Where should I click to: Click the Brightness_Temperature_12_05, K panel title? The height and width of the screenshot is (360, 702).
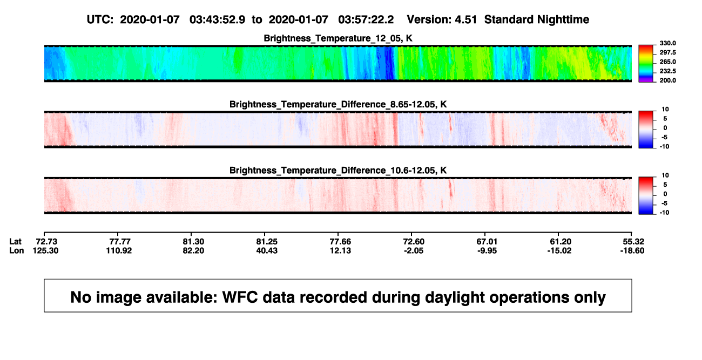[x=338, y=38]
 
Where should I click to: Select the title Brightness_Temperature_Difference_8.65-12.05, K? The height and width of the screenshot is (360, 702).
[x=338, y=104]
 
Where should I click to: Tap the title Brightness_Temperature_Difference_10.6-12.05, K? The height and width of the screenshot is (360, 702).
[x=338, y=171]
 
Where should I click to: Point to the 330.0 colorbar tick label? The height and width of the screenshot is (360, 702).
[x=667, y=43]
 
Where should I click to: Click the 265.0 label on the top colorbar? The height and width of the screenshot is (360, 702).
[x=667, y=62]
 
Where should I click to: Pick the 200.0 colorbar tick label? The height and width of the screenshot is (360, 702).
[x=667, y=80]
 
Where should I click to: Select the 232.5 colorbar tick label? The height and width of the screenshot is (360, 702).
[x=667, y=71]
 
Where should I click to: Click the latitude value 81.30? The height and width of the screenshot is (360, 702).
[x=193, y=242]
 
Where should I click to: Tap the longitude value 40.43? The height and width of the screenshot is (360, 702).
[x=267, y=250]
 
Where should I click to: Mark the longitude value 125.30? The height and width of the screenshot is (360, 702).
[x=45, y=250]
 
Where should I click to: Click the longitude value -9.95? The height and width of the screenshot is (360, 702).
[x=487, y=250]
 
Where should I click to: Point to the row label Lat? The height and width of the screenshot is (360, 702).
[x=15, y=242]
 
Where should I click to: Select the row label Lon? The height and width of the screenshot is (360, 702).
[x=16, y=250]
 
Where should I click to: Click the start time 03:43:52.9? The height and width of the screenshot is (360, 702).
[x=217, y=20]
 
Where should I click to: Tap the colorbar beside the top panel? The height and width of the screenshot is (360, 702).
[x=646, y=64]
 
